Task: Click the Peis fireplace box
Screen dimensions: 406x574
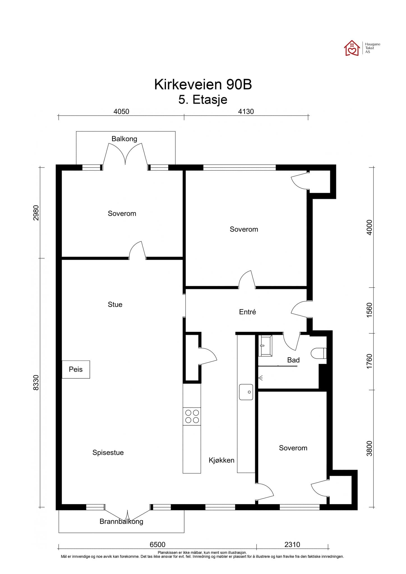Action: coord(76,369)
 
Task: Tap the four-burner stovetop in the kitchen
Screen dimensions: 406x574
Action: coord(192,416)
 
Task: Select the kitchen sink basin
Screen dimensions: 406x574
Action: coord(246,392)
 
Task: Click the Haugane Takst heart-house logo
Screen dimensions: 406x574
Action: coord(352,48)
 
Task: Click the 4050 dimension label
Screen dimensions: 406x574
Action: coord(121,112)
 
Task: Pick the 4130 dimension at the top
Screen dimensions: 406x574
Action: coord(246,112)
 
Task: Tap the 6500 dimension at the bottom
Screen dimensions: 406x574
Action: coord(158,545)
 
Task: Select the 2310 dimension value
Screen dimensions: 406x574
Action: coord(292,545)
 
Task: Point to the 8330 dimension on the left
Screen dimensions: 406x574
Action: coord(36,383)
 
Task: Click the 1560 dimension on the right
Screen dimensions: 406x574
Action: coord(370,310)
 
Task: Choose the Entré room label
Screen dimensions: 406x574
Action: coord(248,312)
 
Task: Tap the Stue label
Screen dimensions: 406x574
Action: coord(115,305)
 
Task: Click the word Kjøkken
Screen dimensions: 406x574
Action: coord(222,460)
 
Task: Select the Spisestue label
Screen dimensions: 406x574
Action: coord(108,453)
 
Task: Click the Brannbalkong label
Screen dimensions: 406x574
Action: coord(121,522)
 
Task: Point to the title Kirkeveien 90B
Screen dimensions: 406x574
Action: coord(203,84)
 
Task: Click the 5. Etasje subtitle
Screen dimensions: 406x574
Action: coord(203,100)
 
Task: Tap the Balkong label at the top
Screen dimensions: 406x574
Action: coord(124,139)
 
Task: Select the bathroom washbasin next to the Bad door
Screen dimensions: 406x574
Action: coord(265,346)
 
